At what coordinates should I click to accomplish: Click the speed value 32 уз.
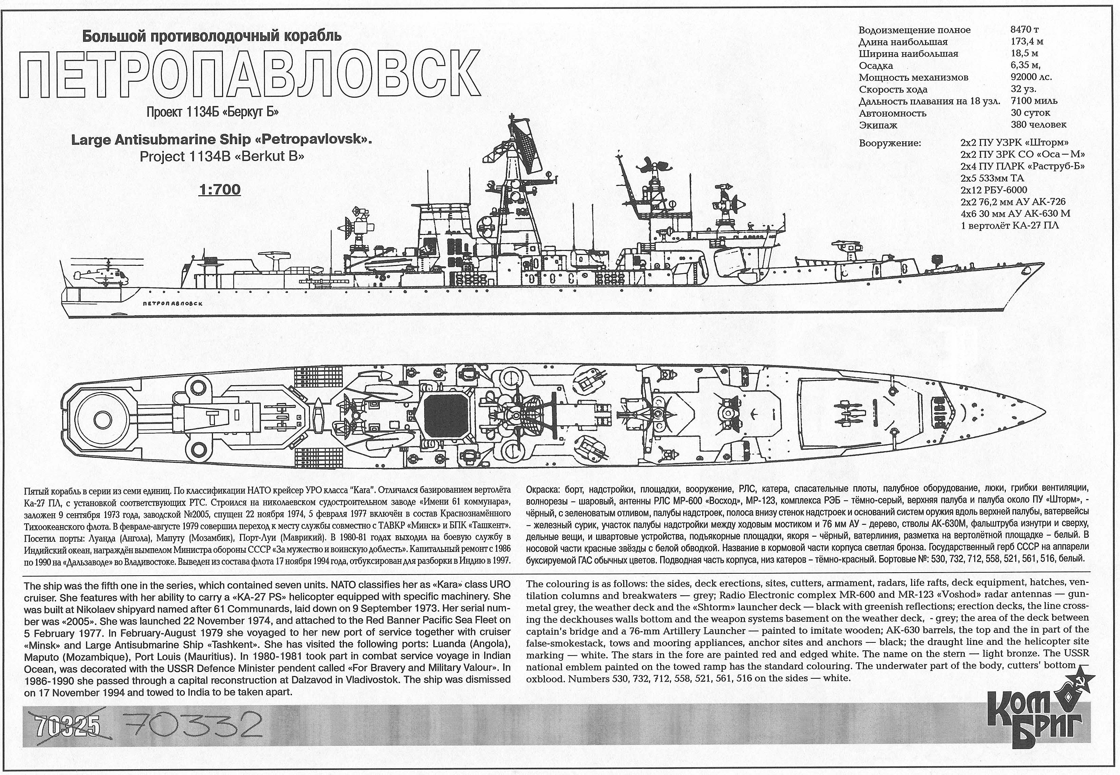(x=1023, y=90)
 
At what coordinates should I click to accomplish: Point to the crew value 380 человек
(x=1038, y=125)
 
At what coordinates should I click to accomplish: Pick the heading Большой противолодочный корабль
(x=212, y=36)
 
